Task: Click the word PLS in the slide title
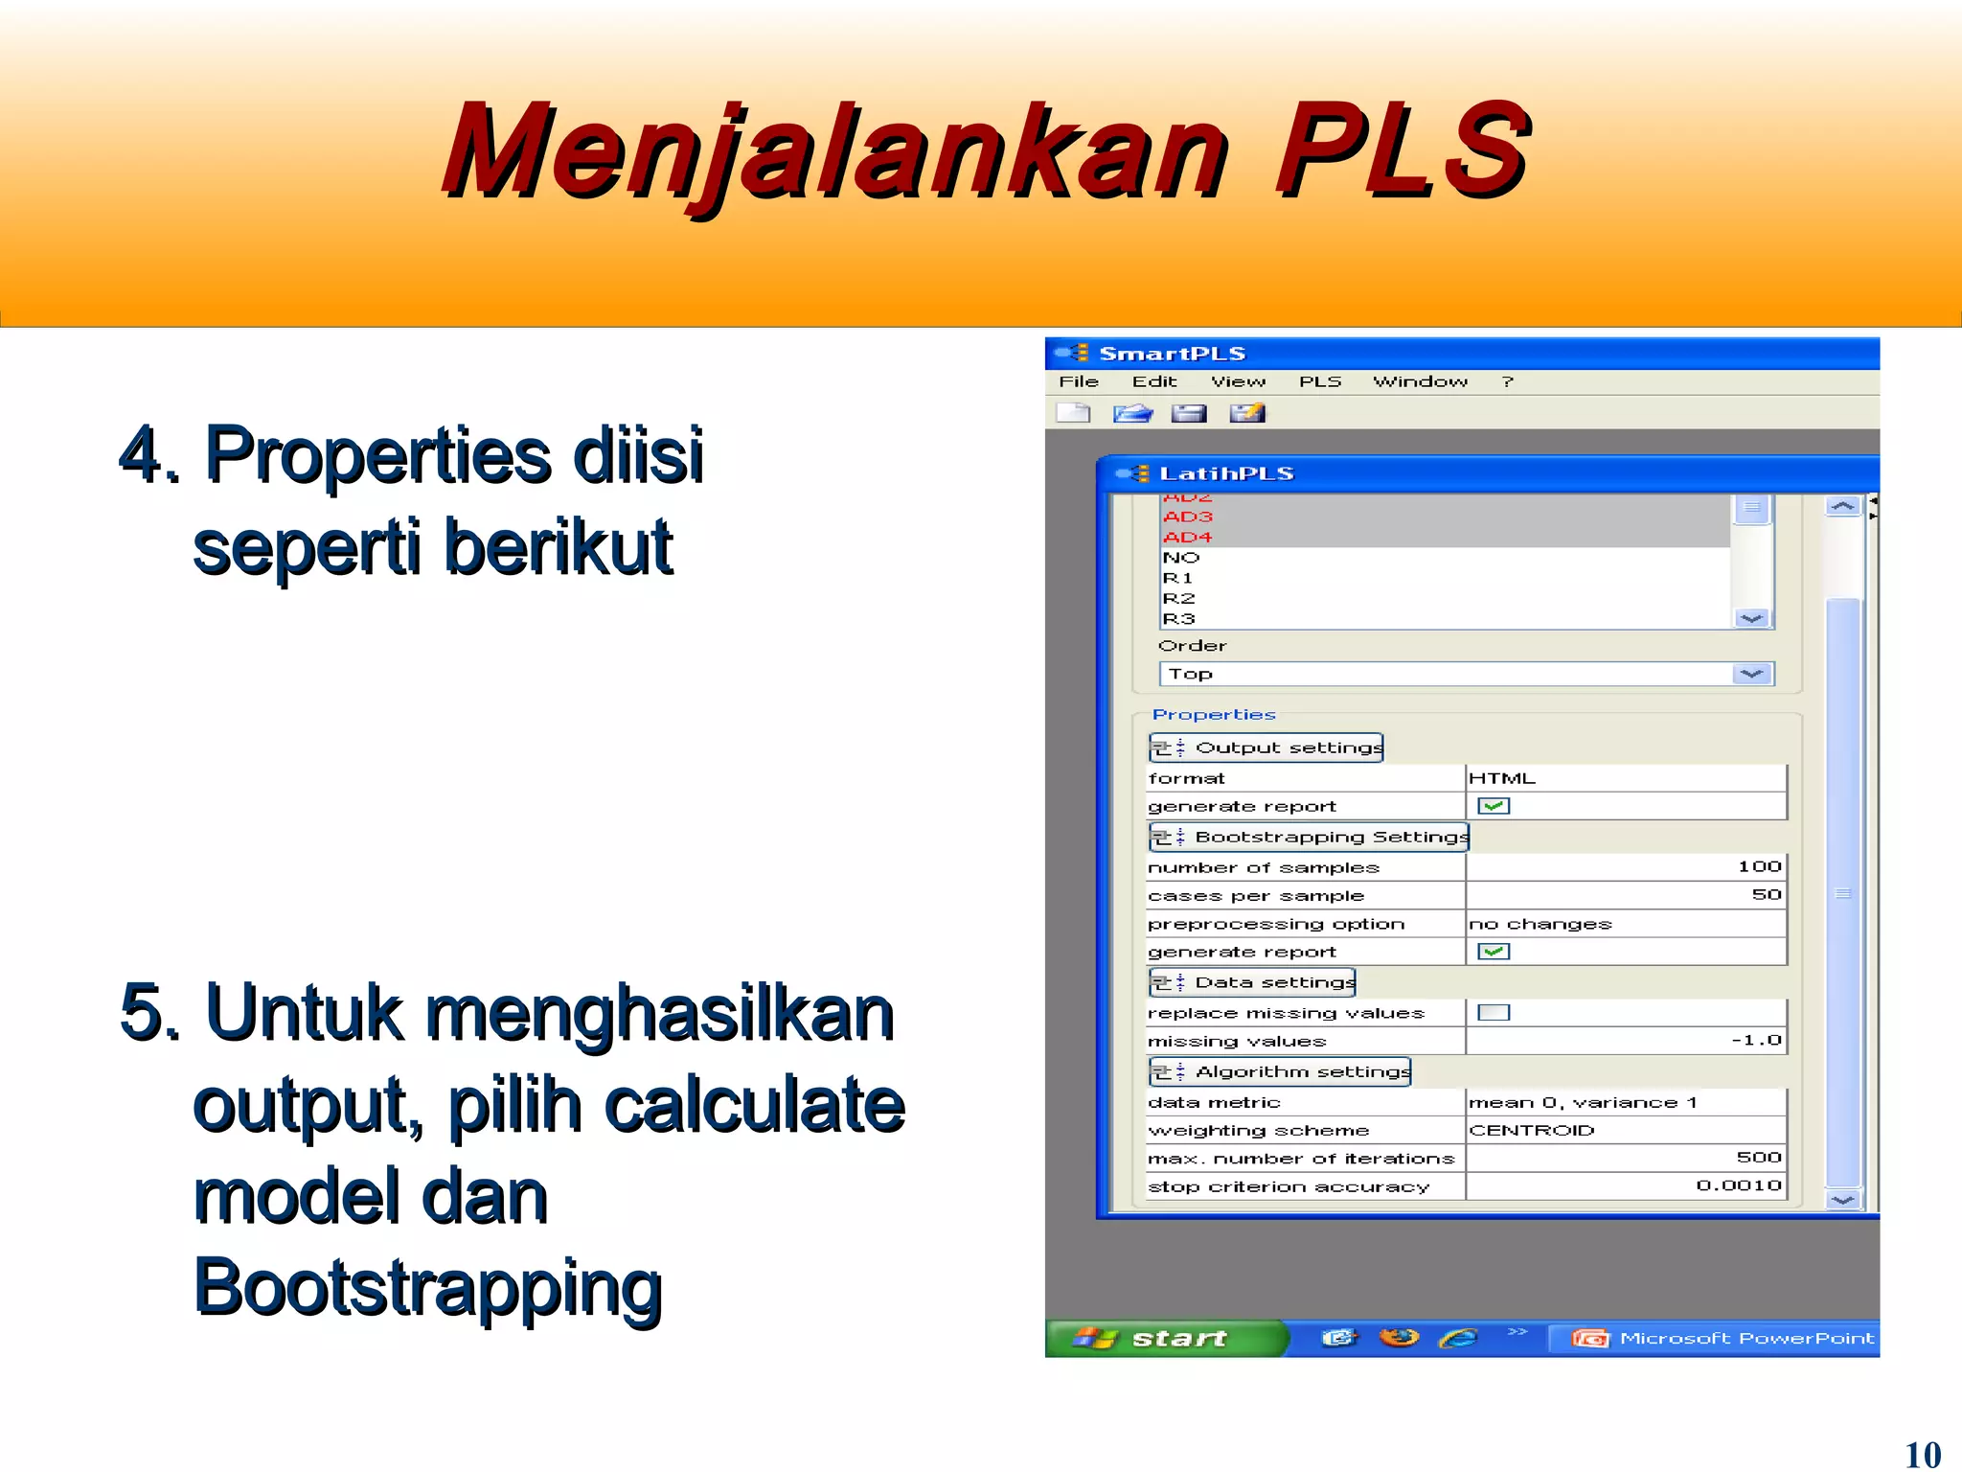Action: (1401, 151)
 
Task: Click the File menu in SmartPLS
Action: (1079, 381)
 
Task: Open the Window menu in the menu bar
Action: (1420, 381)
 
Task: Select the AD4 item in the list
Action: (1188, 537)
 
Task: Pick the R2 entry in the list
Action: (1179, 598)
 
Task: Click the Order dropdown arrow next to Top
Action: (1751, 674)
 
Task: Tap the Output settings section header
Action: (1266, 747)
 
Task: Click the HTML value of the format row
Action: (1502, 778)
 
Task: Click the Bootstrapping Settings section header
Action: (1310, 837)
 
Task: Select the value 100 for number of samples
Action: (1759, 866)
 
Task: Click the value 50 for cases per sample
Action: (1766, 894)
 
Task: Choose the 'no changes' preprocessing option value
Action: (1540, 924)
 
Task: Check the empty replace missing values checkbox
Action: (1494, 1012)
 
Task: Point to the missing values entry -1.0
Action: (1756, 1041)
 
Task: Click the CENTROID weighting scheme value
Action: (1532, 1130)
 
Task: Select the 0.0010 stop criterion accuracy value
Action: (1738, 1185)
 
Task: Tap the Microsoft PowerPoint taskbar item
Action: (1724, 1338)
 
